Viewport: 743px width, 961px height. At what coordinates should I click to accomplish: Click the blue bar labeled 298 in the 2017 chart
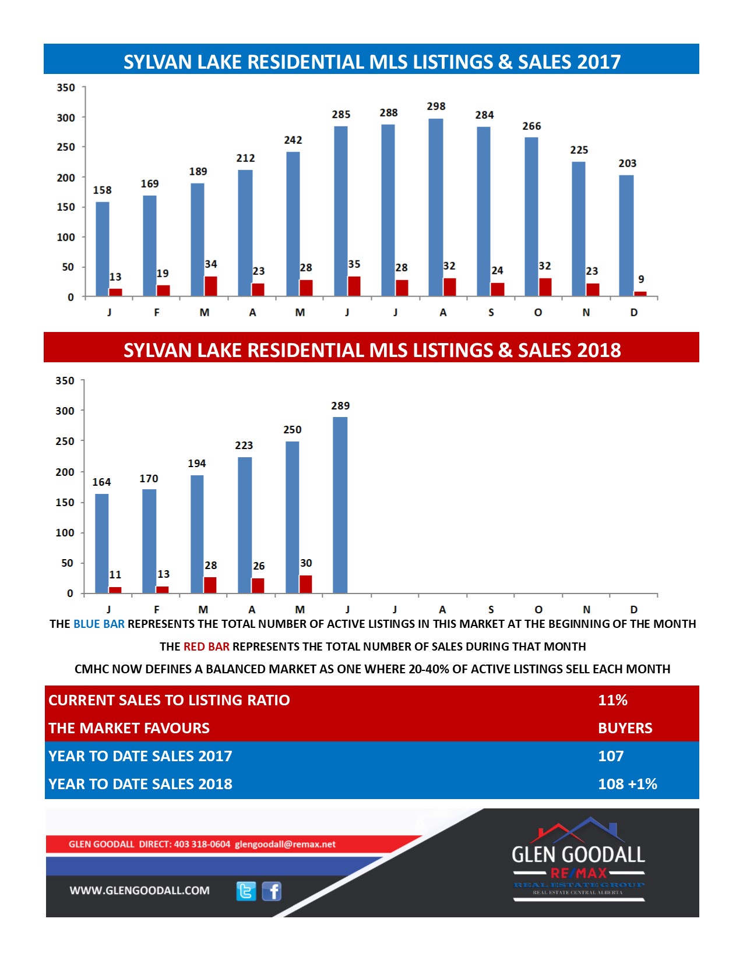click(435, 207)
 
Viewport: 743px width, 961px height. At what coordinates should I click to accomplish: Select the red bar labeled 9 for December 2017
click(640, 294)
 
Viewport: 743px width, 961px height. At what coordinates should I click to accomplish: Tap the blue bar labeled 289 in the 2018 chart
click(340, 504)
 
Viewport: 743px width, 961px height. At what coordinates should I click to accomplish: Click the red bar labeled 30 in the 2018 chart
click(305, 584)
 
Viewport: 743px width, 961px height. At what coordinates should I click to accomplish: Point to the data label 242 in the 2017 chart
click(293, 140)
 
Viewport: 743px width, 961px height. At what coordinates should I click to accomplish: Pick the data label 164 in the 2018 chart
click(101, 482)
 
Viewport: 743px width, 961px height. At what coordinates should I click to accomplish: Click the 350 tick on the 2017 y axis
click(65, 87)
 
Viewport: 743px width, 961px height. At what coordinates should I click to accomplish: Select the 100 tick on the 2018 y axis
click(65, 532)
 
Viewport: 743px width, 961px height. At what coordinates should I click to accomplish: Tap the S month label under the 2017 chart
click(491, 313)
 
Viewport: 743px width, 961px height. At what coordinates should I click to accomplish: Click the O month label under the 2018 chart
click(538, 609)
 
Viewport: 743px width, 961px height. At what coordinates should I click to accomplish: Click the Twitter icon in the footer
click(246, 891)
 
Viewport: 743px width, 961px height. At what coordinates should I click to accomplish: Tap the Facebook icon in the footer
click(272, 891)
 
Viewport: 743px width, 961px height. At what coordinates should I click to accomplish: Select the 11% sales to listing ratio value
click(612, 700)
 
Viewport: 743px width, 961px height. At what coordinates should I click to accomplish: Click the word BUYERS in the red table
click(625, 728)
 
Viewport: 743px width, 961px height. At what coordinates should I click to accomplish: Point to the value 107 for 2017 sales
click(611, 756)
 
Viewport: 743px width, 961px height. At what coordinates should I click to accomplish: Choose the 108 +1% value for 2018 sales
click(628, 784)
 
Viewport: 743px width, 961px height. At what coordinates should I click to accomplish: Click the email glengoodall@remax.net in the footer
click(285, 844)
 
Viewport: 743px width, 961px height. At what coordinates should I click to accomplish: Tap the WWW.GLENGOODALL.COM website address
click(139, 891)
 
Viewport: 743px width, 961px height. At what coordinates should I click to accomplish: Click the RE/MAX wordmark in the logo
click(579, 873)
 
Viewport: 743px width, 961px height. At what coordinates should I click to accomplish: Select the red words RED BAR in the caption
click(206, 646)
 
